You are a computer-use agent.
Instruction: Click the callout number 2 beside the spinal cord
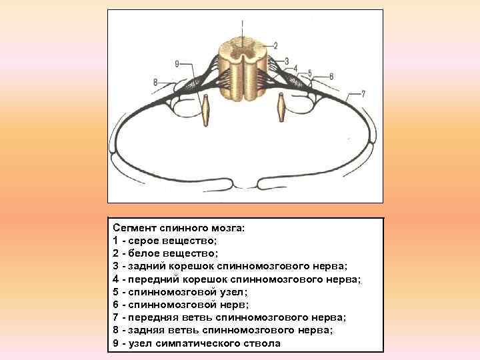(274, 45)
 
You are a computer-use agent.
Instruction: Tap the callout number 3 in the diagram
(286, 61)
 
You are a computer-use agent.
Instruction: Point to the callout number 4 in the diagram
(295, 68)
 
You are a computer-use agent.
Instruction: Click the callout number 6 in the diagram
(331, 77)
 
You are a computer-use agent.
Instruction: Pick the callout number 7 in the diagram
(363, 93)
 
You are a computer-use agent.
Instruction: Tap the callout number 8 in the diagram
(155, 82)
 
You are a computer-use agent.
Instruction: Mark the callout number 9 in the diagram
(177, 63)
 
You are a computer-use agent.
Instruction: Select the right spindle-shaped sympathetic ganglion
(281, 108)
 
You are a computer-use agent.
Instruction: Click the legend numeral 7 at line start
(116, 317)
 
